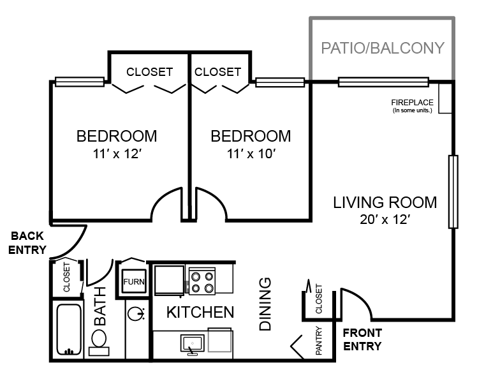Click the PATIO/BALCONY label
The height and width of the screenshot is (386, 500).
pos(383,48)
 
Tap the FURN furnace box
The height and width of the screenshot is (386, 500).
pos(134,281)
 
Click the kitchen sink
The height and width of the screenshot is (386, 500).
pos(193,344)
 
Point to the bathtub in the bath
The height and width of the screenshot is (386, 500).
pos(69,329)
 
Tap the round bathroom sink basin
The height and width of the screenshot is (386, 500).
pos(136,314)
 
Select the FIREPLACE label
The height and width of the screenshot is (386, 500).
pos(412,103)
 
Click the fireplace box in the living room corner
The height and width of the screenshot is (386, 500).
pos(445,98)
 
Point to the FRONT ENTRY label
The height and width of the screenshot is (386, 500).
pos(362,339)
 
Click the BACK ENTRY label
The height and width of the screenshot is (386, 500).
pos(27,242)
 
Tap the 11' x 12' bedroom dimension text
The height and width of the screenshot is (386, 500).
pos(117,154)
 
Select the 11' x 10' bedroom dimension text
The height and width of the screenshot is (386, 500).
pos(251,154)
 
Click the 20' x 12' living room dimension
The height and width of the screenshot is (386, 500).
pos(385,219)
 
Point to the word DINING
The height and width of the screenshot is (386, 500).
pos(265,304)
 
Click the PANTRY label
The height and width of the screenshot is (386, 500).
pos(319,341)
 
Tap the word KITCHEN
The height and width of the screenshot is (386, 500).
pos(200,313)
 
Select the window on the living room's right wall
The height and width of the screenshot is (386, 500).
pos(453,191)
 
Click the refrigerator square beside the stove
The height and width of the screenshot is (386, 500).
pos(170,280)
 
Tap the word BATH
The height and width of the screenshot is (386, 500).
pos(100,306)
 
